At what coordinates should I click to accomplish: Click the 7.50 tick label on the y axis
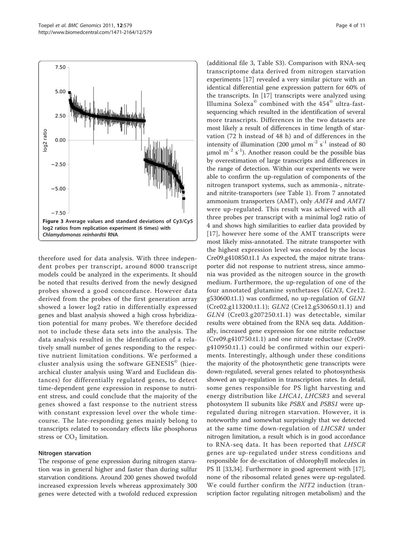tap(60, 67)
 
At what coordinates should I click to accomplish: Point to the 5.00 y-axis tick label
tap(60, 91)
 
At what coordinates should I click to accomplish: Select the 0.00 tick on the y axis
tap(60, 140)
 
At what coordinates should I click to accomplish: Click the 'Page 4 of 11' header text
tap(351, 25)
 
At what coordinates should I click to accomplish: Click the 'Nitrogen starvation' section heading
tap(65, 453)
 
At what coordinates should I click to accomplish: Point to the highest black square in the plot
tap(69, 93)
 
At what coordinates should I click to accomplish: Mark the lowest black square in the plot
tap(184, 199)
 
